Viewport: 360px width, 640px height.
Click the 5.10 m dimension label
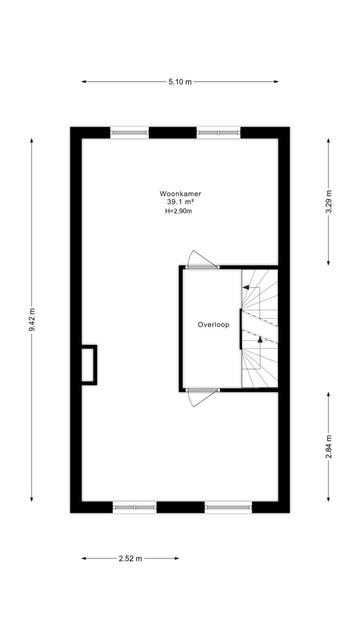[x=180, y=82]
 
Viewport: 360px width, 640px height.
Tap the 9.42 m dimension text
[x=32, y=321]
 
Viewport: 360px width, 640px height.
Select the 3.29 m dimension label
[x=328, y=202]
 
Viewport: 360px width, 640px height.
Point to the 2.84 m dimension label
[x=328, y=447]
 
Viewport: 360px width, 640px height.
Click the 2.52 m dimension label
[x=130, y=559]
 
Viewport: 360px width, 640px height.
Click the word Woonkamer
[x=181, y=194]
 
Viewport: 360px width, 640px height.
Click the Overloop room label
[x=213, y=325]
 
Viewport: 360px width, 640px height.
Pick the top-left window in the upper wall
[x=130, y=133]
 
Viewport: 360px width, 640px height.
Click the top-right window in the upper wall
[x=219, y=133]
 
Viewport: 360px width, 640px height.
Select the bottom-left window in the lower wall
[x=135, y=507]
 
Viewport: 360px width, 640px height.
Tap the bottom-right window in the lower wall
[x=228, y=507]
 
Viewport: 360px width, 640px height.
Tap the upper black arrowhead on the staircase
[x=245, y=287]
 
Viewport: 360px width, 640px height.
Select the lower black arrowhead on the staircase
[x=260, y=340]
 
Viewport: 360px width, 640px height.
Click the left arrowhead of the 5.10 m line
[x=84, y=82]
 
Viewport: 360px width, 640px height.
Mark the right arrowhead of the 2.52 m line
[x=177, y=558]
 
